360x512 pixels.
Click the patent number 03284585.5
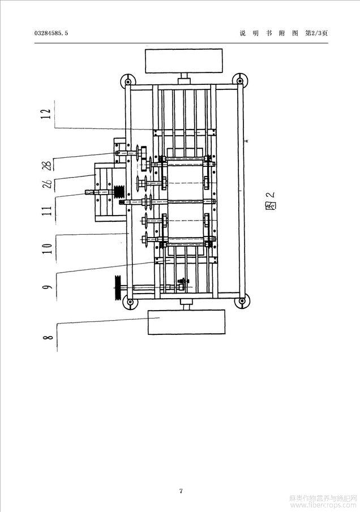pyautogui.click(x=51, y=33)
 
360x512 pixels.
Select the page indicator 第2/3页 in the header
pyautogui.click(x=316, y=33)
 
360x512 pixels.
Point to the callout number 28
pyautogui.click(x=48, y=165)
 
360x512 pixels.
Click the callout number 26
pyautogui.click(x=48, y=184)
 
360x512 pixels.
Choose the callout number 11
pyautogui.click(x=48, y=210)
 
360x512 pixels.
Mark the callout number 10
pyautogui.click(x=48, y=249)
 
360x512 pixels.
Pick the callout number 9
pyautogui.click(x=48, y=287)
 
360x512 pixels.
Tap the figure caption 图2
pyautogui.click(x=271, y=200)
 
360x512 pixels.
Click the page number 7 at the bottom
pyautogui.click(x=181, y=491)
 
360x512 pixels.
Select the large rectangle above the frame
pyautogui.click(x=184, y=61)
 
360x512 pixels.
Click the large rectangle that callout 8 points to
pyautogui.click(x=187, y=322)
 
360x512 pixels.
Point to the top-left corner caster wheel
pyautogui.click(x=127, y=80)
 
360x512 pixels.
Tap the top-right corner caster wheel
pyautogui.click(x=240, y=79)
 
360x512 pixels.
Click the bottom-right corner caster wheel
pyautogui.click(x=242, y=300)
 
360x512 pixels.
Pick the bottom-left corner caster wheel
pyautogui.click(x=130, y=302)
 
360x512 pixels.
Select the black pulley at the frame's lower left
pyautogui.click(x=118, y=288)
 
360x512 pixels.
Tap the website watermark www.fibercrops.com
pyautogui.click(x=323, y=505)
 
